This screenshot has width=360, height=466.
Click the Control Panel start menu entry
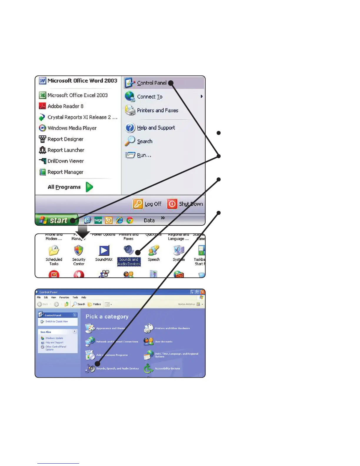(x=151, y=83)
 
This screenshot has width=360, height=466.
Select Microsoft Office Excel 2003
(x=77, y=95)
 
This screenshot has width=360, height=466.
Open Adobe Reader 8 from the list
(x=65, y=106)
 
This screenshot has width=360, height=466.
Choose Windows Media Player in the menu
(x=72, y=128)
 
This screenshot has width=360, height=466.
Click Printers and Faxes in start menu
(x=157, y=110)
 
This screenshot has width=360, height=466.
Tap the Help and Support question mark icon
(x=130, y=128)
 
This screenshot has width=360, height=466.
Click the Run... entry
(x=144, y=155)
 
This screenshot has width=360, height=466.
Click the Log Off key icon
(x=138, y=204)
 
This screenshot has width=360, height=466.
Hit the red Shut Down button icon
(x=172, y=204)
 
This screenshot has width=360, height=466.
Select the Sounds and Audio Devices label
(x=129, y=262)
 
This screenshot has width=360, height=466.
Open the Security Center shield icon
(x=79, y=250)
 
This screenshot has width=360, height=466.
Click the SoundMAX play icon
(x=104, y=250)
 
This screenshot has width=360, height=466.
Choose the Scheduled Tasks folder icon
(x=54, y=250)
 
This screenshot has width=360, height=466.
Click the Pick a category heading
(x=107, y=317)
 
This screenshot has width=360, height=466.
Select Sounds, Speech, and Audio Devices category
(x=117, y=368)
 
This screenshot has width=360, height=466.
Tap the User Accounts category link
(x=164, y=342)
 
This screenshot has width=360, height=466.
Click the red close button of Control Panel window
(x=202, y=292)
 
